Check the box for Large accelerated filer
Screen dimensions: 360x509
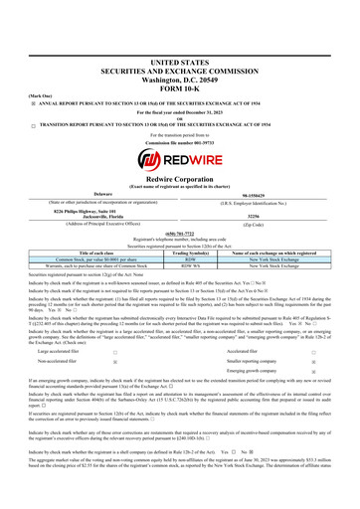pyautogui.click(x=115, y=324)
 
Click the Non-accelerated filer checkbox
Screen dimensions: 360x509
pyautogui.click(x=115, y=336)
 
